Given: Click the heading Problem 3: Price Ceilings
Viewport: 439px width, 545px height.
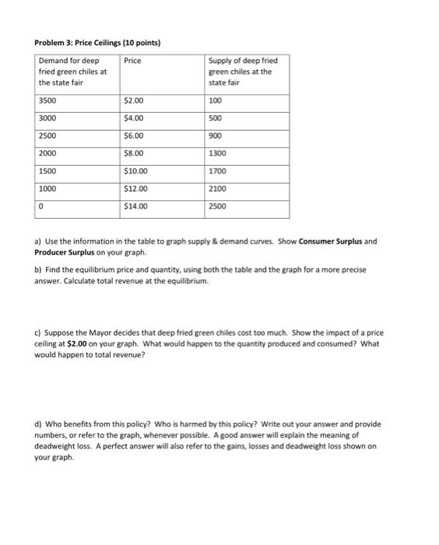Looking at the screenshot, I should point(97,42).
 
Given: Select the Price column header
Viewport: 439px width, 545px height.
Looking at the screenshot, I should point(133,60).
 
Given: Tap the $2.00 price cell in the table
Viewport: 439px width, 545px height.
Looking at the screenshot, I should point(134,100).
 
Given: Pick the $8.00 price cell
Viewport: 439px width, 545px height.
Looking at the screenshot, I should point(134,153).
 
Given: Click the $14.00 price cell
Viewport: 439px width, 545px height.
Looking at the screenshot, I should point(135,206).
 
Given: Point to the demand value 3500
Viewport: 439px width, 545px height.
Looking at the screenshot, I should point(49,100).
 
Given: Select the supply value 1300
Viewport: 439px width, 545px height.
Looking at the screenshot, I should point(219,153).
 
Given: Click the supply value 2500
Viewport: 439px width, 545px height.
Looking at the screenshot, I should point(219,206).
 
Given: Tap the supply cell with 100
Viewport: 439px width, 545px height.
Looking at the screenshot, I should point(216,100).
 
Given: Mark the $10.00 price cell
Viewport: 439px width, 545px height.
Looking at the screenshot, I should point(135,171).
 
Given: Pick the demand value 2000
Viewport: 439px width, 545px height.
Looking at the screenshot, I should point(49,153).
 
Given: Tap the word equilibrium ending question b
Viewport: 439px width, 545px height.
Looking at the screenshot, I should point(188,281).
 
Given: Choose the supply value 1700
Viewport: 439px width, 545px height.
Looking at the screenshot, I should point(219,171).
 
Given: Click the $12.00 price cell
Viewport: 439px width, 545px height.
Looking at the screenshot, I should point(135,188).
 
